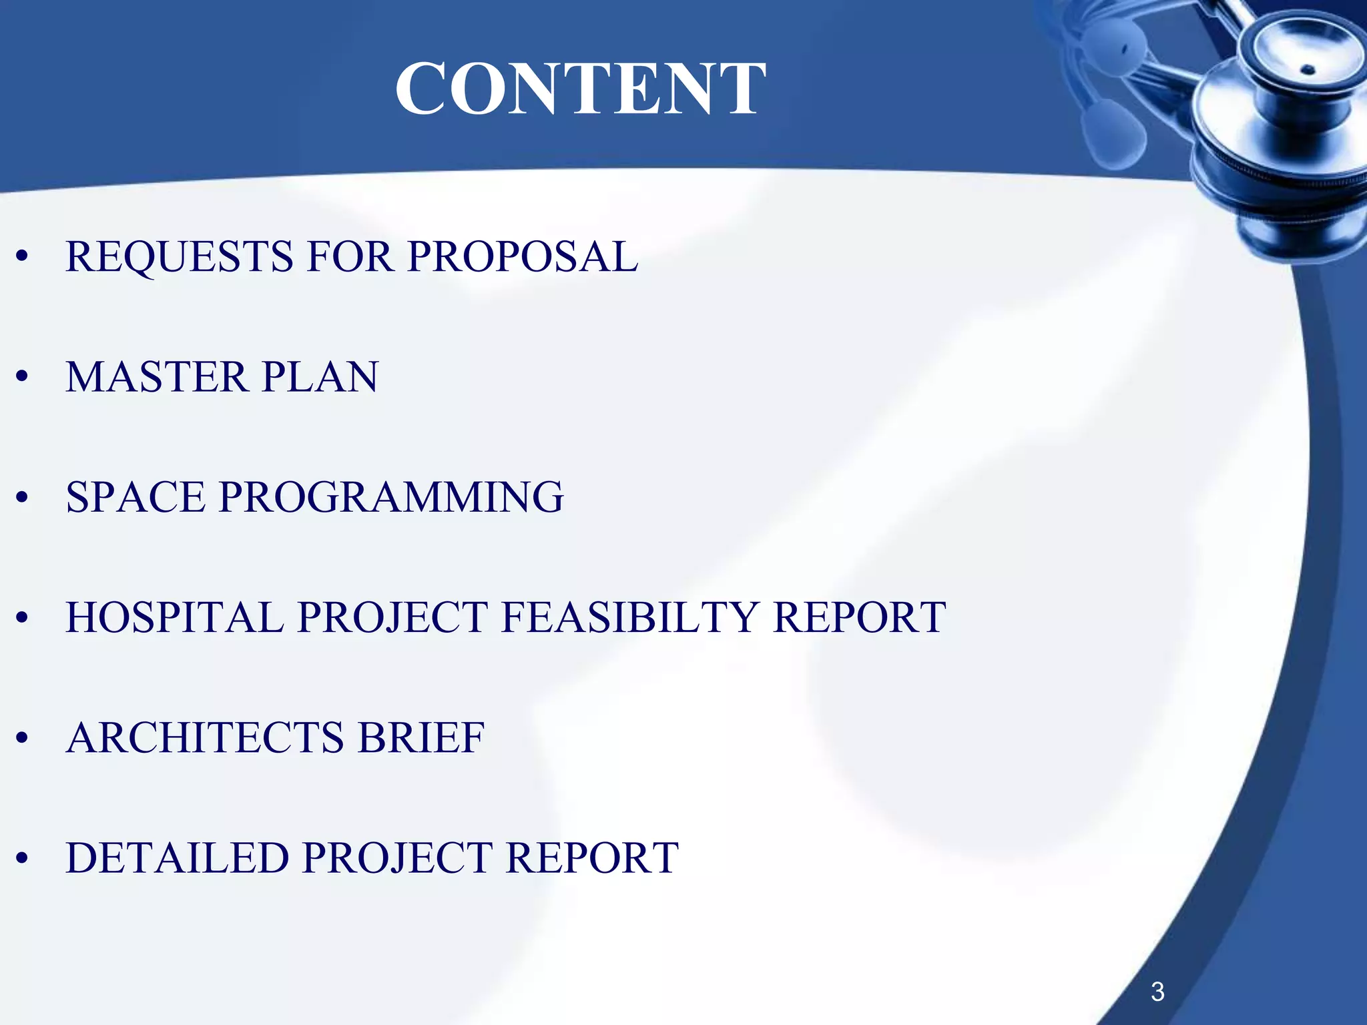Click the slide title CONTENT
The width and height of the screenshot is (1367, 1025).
(x=580, y=89)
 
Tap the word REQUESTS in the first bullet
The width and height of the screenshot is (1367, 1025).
(x=179, y=257)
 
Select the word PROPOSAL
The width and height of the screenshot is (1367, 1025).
(x=523, y=257)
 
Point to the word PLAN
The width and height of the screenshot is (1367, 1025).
(x=320, y=377)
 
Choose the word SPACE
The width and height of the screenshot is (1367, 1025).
(x=135, y=497)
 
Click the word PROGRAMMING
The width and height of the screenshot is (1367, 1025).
(x=391, y=497)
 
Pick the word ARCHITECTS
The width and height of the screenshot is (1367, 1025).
(x=205, y=738)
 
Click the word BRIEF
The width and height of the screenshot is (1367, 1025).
(x=421, y=738)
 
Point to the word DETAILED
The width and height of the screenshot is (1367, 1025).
(x=177, y=858)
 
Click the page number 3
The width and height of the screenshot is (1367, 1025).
(x=1157, y=992)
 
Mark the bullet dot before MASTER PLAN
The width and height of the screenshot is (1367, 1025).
(x=23, y=377)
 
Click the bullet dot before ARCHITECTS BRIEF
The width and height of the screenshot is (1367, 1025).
(x=23, y=738)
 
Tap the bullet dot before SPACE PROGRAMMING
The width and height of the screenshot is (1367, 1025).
(x=23, y=497)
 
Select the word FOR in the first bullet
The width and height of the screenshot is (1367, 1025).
(x=349, y=257)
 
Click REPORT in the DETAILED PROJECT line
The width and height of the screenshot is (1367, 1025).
(x=593, y=858)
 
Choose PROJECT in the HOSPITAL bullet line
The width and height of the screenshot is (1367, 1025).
(x=393, y=617)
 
